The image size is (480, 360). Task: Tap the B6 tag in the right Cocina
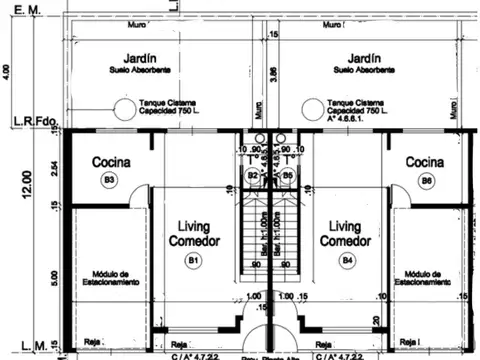point(426,180)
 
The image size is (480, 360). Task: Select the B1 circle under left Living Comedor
point(193,261)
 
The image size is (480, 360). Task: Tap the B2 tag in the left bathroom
point(254,176)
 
